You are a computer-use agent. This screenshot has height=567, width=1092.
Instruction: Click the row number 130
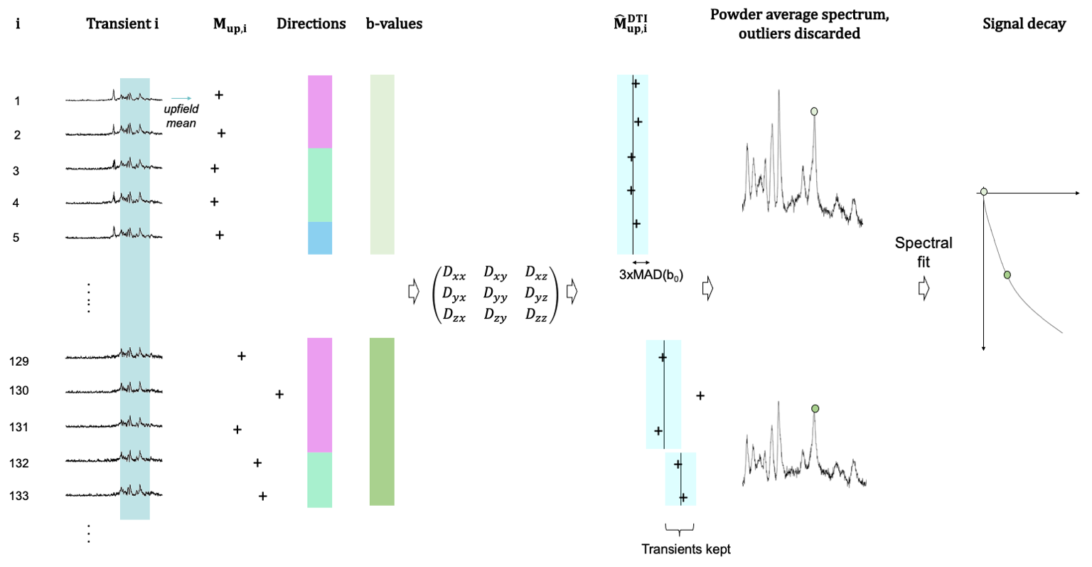[x=19, y=391]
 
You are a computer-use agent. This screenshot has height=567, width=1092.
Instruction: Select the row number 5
[x=16, y=238]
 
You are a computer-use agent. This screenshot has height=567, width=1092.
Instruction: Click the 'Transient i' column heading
[x=122, y=23]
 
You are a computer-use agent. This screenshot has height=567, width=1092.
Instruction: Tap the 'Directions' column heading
[x=311, y=23]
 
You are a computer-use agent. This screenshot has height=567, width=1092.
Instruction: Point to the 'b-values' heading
[x=394, y=23]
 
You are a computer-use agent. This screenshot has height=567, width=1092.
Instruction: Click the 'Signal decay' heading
[x=1024, y=23]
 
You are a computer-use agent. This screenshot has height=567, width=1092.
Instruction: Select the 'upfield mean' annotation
[x=181, y=116]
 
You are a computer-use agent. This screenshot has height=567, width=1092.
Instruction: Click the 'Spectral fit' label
[x=923, y=252]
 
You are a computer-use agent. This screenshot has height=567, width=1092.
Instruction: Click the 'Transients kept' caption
[x=685, y=549]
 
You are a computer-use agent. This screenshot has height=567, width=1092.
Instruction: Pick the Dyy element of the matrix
[x=496, y=292]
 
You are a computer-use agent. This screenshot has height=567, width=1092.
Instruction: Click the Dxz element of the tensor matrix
[x=536, y=271]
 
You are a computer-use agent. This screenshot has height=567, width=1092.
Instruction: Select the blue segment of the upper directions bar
[x=320, y=238]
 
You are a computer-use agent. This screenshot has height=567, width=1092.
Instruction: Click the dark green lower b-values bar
[x=382, y=421]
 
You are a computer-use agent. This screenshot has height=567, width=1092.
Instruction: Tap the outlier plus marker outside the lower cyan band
[x=700, y=396]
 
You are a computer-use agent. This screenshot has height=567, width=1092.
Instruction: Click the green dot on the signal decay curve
[x=1007, y=275]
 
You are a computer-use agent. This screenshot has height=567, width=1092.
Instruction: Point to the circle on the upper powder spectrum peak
[x=814, y=111]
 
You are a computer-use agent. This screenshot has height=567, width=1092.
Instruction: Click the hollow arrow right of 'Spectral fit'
[x=924, y=289]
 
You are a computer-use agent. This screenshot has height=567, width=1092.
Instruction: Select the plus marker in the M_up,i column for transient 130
[x=279, y=394]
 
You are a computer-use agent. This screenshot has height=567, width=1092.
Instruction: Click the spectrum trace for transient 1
[x=114, y=98]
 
